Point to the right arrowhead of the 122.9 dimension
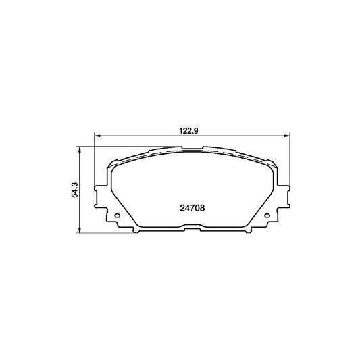pyautogui.click(x=287, y=136)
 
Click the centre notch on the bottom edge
pyautogui.click(x=192, y=231)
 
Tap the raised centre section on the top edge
pyautogui.click(x=192, y=149)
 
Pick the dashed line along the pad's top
pyautogui.click(x=162, y=155)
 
